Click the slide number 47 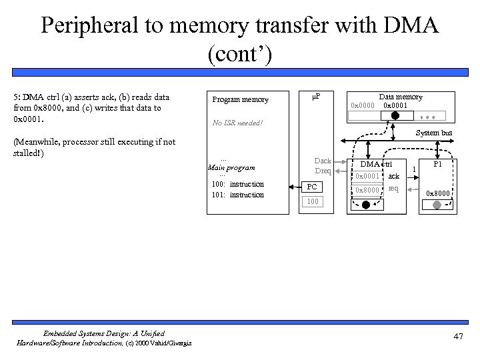[x=457, y=337]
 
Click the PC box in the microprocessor [x=312, y=187]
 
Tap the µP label [x=315, y=97]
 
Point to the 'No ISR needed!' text [x=237, y=123]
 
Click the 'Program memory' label [x=240, y=100]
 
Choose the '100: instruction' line [x=237, y=184]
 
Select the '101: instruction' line [x=237, y=195]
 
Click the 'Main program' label [x=232, y=167]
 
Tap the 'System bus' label [x=434, y=133]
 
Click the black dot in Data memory [x=395, y=115]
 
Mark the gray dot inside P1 [x=437, y=206]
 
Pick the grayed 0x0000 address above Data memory [x=363, y=106]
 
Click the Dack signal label [x=323, y=161]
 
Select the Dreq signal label [x=323, y=171]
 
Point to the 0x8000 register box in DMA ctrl [x=367, y=191]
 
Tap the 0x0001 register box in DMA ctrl [x=367, y=177]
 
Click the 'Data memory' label [x=400, y=97]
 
